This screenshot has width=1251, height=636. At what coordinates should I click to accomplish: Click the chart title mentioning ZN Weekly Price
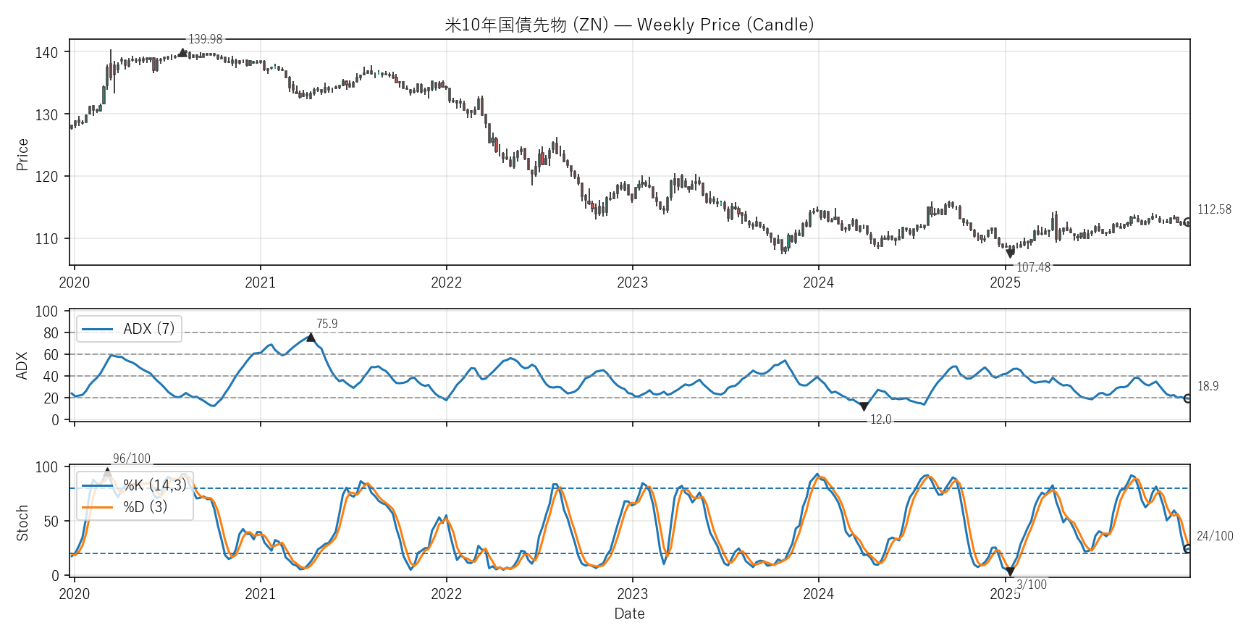coord(629,25)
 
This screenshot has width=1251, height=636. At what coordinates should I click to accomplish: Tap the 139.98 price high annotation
coord(205,39)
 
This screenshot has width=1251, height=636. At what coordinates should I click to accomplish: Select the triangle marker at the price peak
coord(182,52)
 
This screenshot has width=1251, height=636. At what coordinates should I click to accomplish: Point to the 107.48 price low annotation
coord(1033,267)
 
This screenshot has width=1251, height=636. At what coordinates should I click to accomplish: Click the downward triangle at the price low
coord(1010,254)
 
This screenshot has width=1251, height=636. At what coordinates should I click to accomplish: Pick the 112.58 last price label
coord(1214,209)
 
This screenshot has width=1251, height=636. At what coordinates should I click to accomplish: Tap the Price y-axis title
coord(22,154)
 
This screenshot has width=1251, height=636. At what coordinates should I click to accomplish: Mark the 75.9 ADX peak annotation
coord(327,324)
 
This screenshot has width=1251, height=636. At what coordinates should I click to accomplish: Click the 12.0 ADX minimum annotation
coord(880,419)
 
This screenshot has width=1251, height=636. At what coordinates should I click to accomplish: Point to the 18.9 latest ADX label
coord(1208,386)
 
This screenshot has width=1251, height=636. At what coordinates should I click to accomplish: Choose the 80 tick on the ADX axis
coord(51,333)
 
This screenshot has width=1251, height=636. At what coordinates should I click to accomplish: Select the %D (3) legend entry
coord(145,507)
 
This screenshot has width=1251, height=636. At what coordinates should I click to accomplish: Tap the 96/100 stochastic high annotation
coord(132,459)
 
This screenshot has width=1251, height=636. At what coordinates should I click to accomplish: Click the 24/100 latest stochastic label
coord(1215,536)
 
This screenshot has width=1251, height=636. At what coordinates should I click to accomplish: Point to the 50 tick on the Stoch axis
coord(51,522)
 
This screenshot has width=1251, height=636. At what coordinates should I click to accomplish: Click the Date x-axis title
coord(629,614)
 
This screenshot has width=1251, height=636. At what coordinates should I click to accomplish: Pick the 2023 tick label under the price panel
coord(632,283)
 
